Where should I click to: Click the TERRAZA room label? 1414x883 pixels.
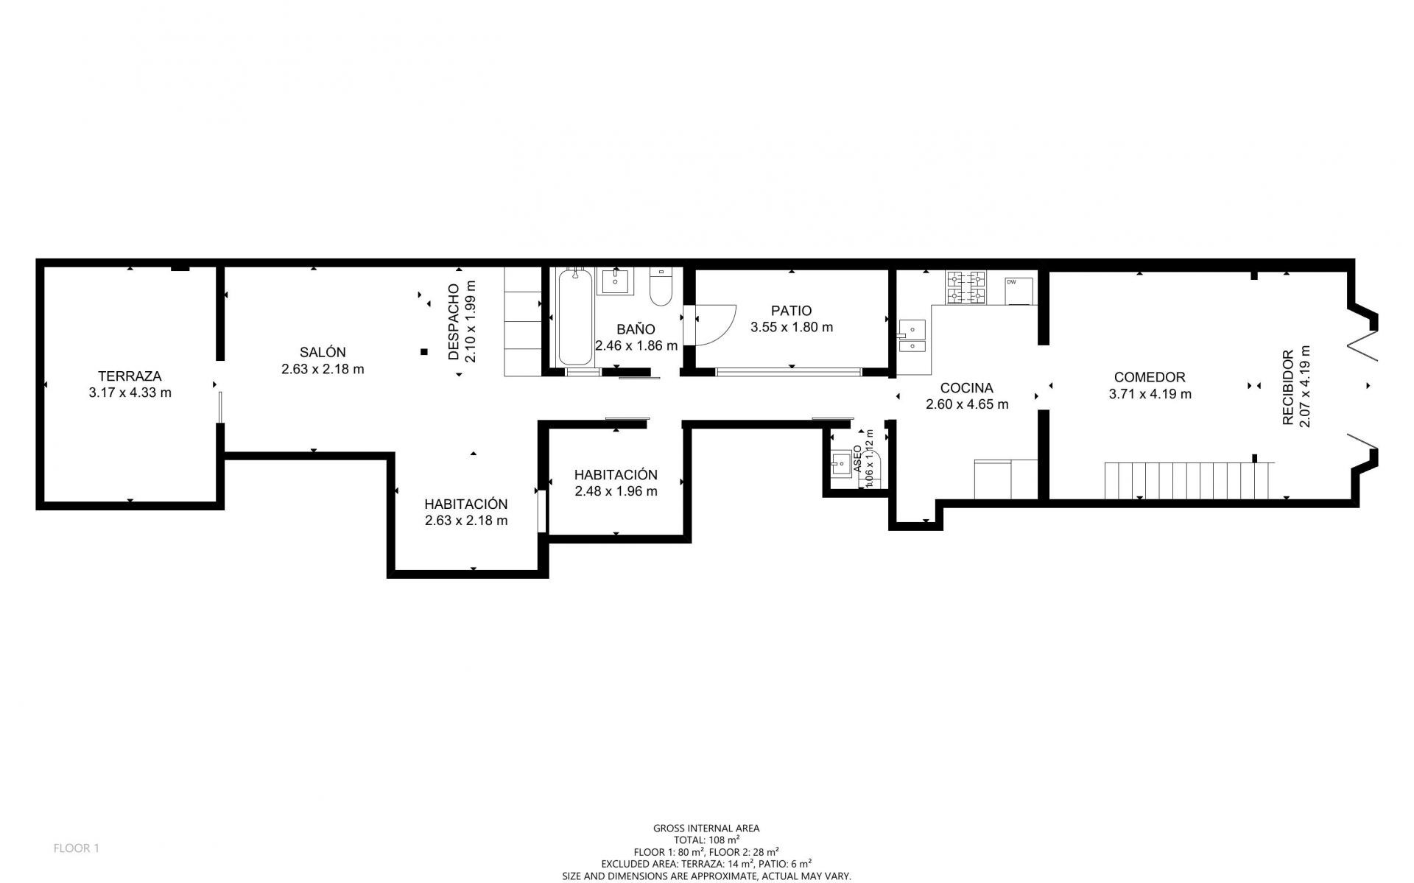(130, 376)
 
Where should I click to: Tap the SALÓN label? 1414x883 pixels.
(323, 352)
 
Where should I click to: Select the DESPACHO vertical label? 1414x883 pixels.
(454, 323)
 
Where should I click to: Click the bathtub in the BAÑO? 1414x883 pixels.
(575, 317)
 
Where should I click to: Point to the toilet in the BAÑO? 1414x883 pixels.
(661, 286)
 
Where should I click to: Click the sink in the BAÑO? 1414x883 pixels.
(615, 281)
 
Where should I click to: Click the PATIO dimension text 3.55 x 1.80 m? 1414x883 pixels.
(792, 327)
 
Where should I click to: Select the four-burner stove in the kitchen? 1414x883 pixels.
(965, 287)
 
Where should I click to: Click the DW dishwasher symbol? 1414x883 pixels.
(1019, 290)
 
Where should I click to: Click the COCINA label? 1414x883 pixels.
(966, 388)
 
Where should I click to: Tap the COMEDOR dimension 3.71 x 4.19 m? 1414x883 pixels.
(1150, 394)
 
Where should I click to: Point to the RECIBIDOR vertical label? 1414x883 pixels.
(1287, 387)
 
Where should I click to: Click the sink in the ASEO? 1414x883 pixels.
(840, 464)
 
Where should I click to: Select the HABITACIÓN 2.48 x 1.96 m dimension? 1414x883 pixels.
(616, 491)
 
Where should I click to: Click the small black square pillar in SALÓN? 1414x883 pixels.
(424, 352)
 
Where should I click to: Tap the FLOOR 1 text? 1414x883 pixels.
(76, 848)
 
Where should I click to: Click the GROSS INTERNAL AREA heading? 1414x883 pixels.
(706, 829)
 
